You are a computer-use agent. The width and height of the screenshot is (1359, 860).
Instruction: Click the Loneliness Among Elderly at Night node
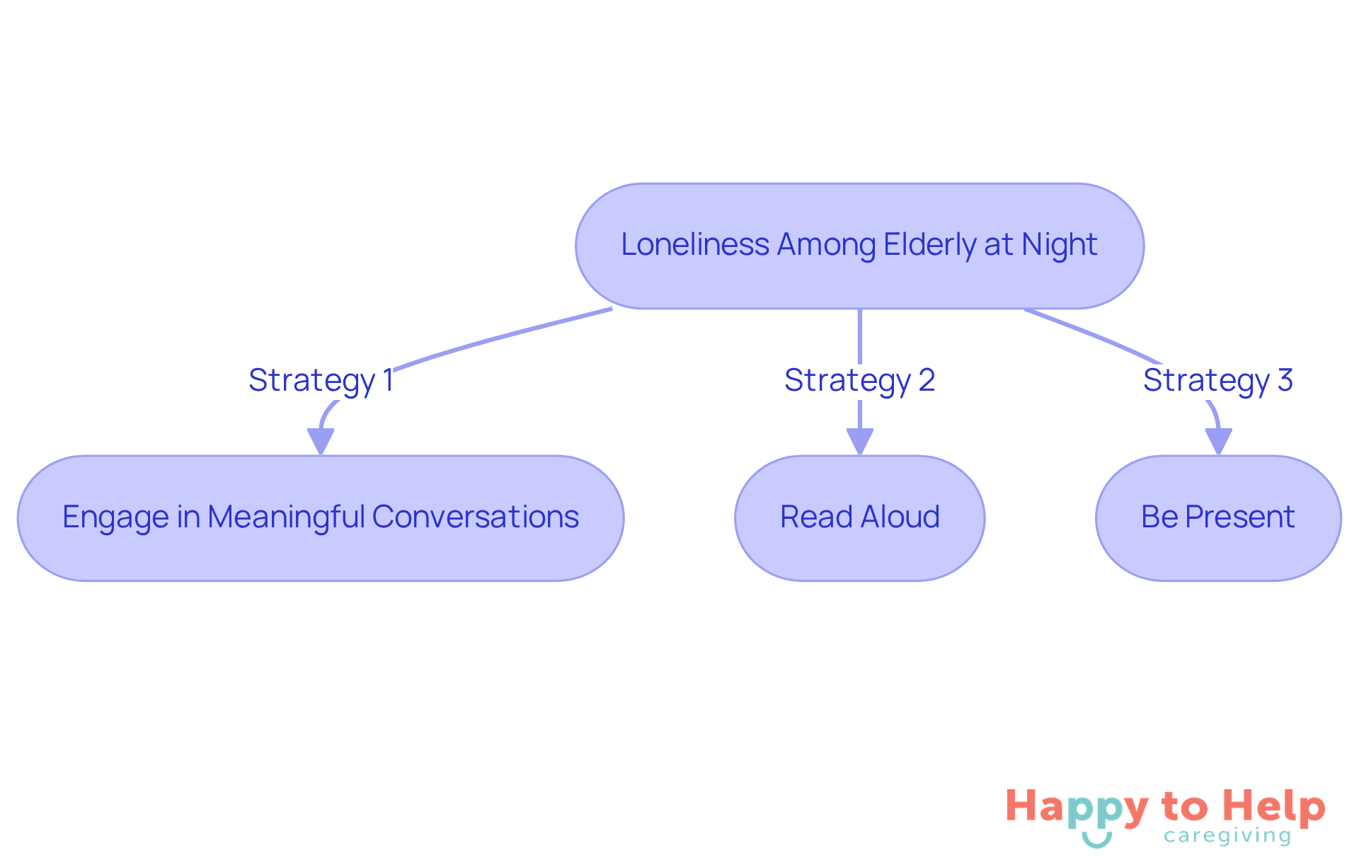click(x=859, y=246)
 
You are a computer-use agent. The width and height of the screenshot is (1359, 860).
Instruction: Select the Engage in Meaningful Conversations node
click(x=321, y=518)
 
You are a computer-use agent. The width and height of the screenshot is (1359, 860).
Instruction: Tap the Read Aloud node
click(x=859, y=518)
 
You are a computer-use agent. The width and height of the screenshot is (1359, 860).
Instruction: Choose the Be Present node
click(x=1217, y=518)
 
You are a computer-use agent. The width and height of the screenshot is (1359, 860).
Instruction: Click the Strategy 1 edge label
click(x=321, y=380)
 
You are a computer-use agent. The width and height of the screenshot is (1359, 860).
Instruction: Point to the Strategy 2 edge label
click(x=859, y=380)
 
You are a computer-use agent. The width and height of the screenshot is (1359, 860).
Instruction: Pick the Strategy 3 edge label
click(x=1217, y=380)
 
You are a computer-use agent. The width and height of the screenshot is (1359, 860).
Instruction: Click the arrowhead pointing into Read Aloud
click(x=859, y=442)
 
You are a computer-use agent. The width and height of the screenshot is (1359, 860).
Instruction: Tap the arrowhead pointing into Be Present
click(x=1218, y=442)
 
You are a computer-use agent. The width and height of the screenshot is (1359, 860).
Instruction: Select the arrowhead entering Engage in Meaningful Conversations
click(x=321, y=442)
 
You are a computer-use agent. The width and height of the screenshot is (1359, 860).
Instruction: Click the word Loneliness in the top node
click(x=695, y=245)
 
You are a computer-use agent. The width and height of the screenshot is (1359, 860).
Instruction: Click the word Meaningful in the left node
click(x=286, y=517)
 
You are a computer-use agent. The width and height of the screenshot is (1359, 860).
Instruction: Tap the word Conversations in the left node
click(x=476, y=517)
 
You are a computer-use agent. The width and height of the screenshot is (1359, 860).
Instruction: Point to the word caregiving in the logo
click(x=1227, y=837)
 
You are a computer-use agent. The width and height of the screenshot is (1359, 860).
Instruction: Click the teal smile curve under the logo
click(x=1096, y=841)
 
